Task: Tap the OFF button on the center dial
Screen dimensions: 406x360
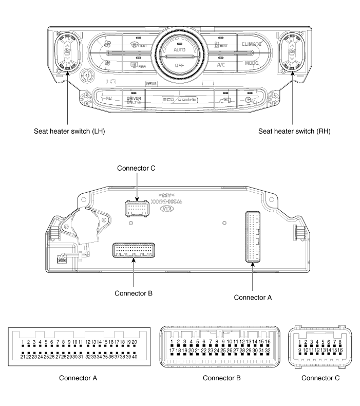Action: coord(179,66)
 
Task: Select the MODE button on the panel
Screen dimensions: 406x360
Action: coord(252,63)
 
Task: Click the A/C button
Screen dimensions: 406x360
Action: coord(221,65)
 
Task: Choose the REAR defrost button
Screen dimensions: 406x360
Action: coord(138,65)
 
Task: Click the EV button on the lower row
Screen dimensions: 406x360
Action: coord(109,98)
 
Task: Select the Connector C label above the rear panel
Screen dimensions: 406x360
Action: coord(136,168)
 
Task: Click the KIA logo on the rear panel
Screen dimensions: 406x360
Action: coord(166,210)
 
